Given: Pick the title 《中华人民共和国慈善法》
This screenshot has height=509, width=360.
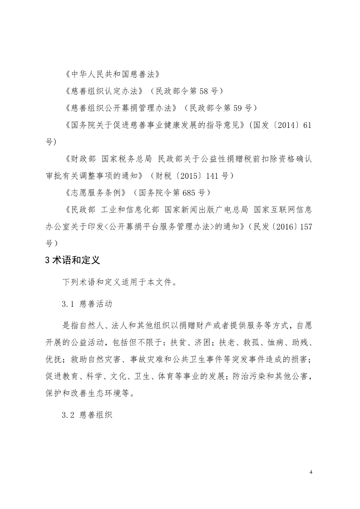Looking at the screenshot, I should click(x=112, y=73).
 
